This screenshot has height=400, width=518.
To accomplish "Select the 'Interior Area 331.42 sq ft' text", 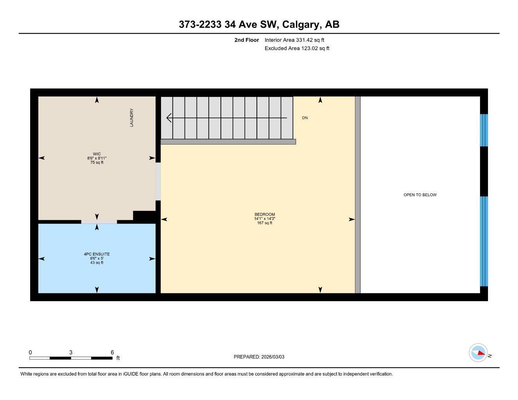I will pos(294,40).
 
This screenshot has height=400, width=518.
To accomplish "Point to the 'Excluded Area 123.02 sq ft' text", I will pos(297,48).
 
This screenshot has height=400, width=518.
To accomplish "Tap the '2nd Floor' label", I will pos(246,40).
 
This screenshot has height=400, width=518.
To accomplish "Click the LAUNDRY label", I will pos(132,118).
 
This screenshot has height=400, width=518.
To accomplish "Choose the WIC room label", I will pos(97,154).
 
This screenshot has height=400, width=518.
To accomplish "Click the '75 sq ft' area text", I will pos(97,162).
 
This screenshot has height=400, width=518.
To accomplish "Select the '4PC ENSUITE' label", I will pos(97,254).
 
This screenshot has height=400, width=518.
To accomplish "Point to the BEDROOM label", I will pos(264,214).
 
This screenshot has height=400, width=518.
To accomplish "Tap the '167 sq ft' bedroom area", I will pos(264,223).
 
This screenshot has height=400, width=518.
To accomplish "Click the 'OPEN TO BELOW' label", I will pos(420,195).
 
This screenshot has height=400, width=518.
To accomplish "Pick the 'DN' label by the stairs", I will pos(305,118).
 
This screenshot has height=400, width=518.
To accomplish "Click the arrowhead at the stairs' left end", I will pos(169,118).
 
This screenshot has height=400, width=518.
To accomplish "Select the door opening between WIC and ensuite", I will pos(99,222).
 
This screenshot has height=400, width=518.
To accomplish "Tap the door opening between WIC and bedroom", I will pos(158,181).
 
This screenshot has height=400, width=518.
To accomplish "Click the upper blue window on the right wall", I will pos(484,130).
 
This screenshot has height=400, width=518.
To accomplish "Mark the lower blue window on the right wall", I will pos(484,241).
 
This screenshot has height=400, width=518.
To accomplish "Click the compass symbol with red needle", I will pos(478,353).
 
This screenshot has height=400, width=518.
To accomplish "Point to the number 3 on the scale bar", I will pos(71,352).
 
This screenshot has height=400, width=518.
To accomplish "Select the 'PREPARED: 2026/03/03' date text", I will pos(259,357).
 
